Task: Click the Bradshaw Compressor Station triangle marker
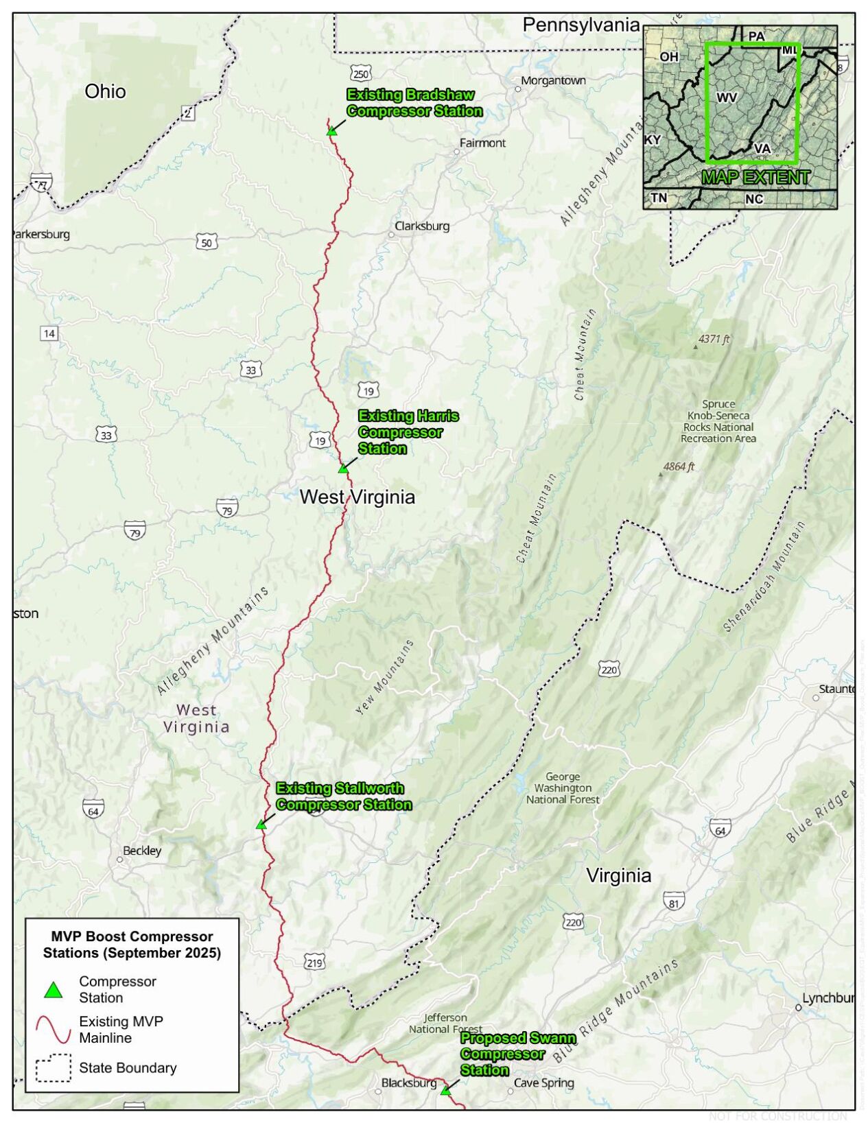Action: (331, 130)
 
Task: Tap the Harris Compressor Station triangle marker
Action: (343, 469)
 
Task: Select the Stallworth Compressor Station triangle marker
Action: (261, 825)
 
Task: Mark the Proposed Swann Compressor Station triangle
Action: (445, 1091)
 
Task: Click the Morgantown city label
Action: (553, 81)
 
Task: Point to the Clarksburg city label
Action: (422, 226)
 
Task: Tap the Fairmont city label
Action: (482, 143)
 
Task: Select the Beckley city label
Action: (142, 851)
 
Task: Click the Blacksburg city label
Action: (408, 1083)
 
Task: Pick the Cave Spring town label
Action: (543, 1083)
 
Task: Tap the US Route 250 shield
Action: (360, 73)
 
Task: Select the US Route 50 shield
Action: (207, 242)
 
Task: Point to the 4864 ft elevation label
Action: (679, 467)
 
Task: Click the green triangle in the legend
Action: (54, 990)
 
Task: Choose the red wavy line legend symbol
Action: (54, 1029)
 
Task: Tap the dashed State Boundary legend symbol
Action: (54, 1068)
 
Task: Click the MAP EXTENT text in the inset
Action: (755, 178)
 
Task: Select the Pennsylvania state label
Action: (580, 25)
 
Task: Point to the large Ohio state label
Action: (105, 91)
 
